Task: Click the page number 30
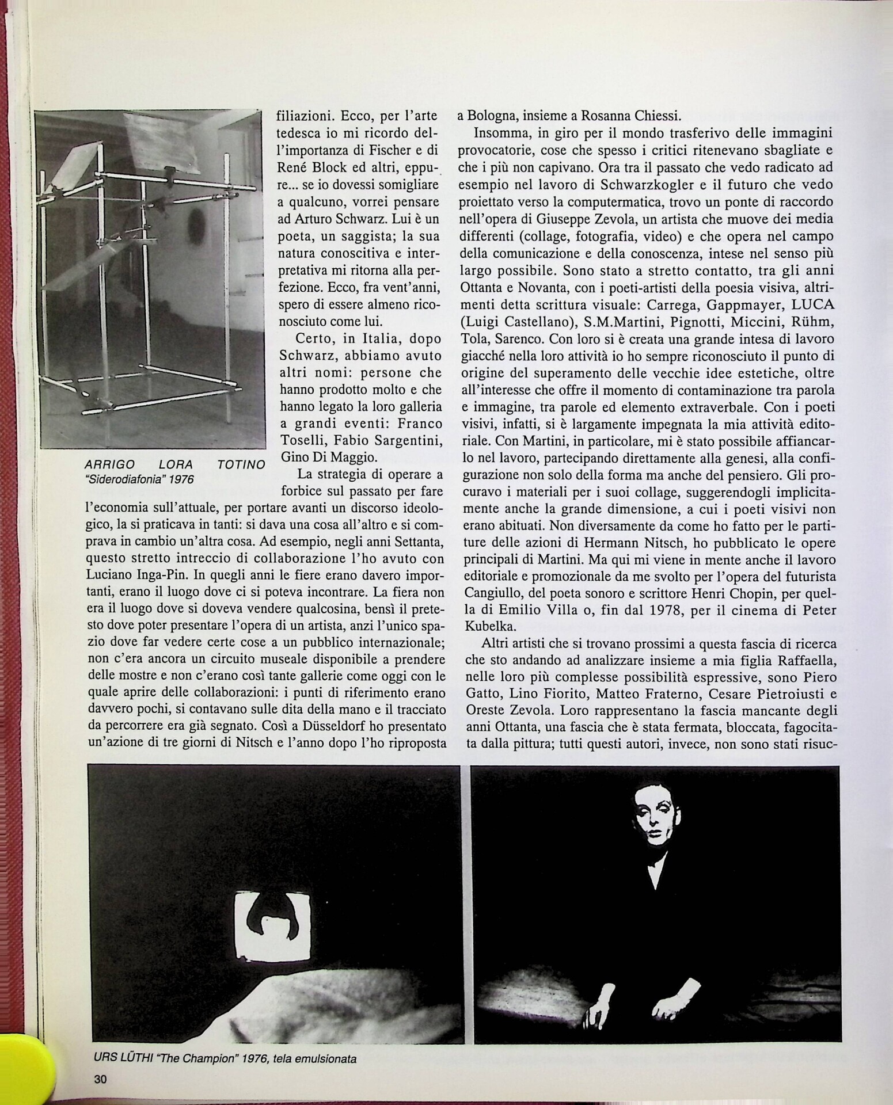(100, 1079)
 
